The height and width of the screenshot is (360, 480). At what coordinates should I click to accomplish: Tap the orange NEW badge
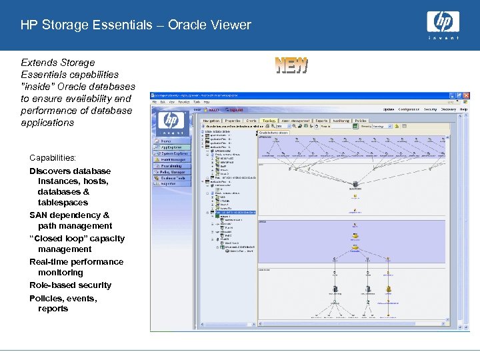292,65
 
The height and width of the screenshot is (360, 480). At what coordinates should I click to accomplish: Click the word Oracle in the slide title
187,25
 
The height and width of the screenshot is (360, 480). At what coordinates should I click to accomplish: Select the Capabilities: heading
53,158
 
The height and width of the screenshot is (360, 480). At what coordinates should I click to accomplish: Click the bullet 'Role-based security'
70,285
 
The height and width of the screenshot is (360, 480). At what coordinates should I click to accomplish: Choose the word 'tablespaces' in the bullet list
63,202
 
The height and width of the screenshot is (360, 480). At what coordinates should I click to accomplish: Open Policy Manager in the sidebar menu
173,171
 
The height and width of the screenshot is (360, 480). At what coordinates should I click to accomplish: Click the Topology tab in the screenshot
269,121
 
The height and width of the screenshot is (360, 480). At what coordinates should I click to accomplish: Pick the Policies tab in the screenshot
361,121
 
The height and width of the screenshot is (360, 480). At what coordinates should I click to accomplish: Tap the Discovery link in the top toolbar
448,109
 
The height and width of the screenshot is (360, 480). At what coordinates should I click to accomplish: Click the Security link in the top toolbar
430,109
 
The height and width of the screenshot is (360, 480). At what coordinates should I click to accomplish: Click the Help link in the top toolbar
463,109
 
